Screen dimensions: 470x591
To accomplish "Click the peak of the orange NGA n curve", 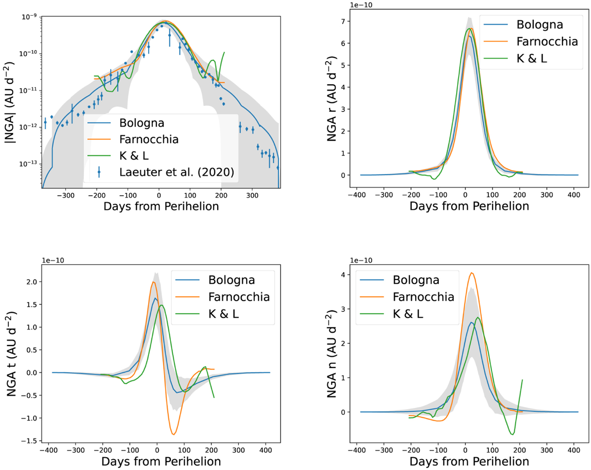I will [472, 273].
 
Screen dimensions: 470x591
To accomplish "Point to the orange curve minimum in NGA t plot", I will [173, 434].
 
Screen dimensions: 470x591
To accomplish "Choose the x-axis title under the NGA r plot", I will [469, 206].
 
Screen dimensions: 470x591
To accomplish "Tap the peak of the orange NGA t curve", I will [154, 282].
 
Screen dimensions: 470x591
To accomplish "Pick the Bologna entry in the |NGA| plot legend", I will [142, 122].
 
